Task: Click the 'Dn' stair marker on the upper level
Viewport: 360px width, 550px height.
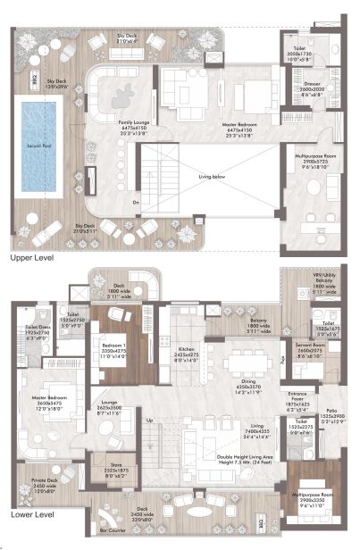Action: pyautogui.click(x=137, y=204)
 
